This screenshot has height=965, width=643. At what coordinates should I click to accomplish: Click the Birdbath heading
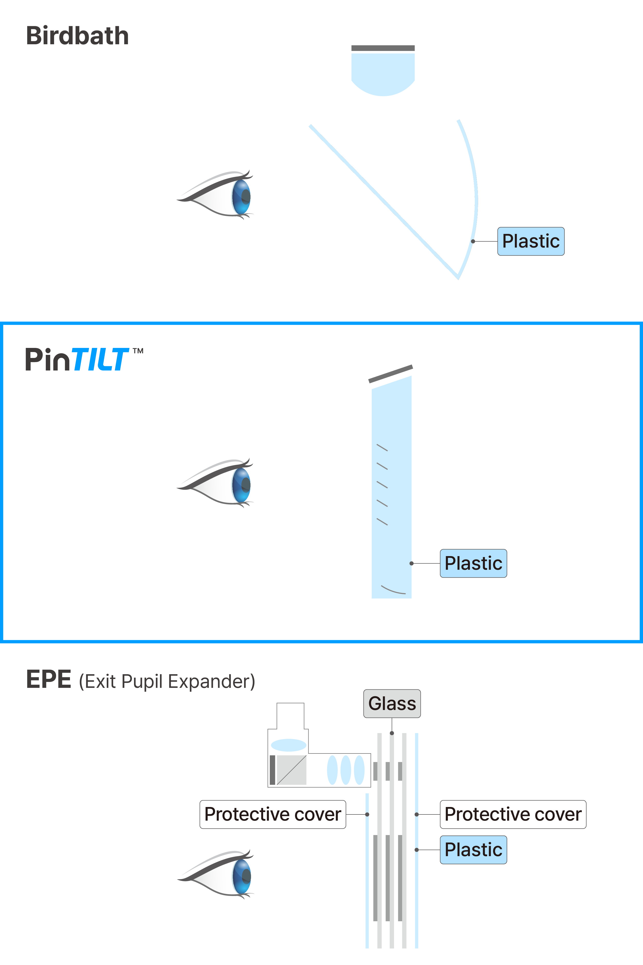(x=77, y=36)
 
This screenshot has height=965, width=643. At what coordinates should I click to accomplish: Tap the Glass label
(x=392, y=704)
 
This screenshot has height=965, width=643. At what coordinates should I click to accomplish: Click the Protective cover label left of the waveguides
(x=273, y=814)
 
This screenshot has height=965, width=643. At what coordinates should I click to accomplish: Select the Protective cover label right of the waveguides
(x=513, y=814)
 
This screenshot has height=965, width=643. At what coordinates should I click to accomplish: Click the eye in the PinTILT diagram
(x=221, y=483)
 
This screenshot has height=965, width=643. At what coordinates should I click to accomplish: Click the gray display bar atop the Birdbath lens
(x=383, y=48)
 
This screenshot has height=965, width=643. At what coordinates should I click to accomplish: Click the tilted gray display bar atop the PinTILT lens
(x=390, y=374)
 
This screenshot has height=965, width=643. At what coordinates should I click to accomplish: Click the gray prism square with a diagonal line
(x=292, y=770)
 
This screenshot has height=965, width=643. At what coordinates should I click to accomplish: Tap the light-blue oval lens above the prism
(x=289, y=745)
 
